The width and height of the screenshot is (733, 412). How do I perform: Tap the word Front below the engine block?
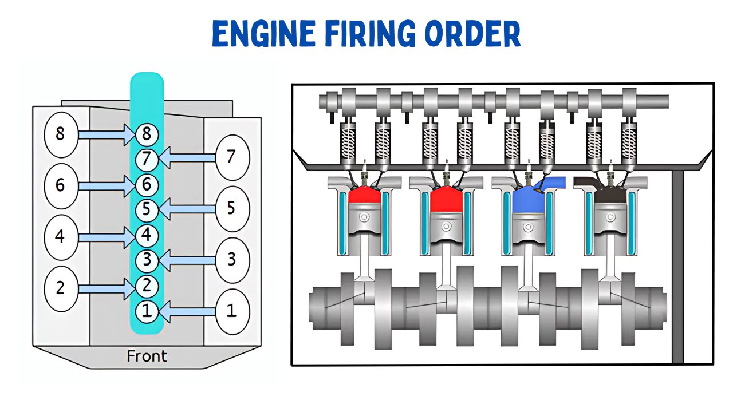coord(147,356)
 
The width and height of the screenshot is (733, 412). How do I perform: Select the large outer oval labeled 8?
coord(61,134)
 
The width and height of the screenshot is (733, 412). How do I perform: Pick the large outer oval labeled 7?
coord(231,156)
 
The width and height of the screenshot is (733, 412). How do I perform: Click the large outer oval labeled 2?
coord(61,288)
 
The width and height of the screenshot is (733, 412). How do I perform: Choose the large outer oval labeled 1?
coord(231,311)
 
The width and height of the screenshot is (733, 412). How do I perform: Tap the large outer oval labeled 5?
coord(231,208)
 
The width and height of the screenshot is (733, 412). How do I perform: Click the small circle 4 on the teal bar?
coord(147,235)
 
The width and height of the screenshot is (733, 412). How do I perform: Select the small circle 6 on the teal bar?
coord(147,184)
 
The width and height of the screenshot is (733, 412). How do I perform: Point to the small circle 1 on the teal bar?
coord(147,311)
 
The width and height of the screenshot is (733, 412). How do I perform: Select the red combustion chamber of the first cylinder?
coord(364,198)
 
